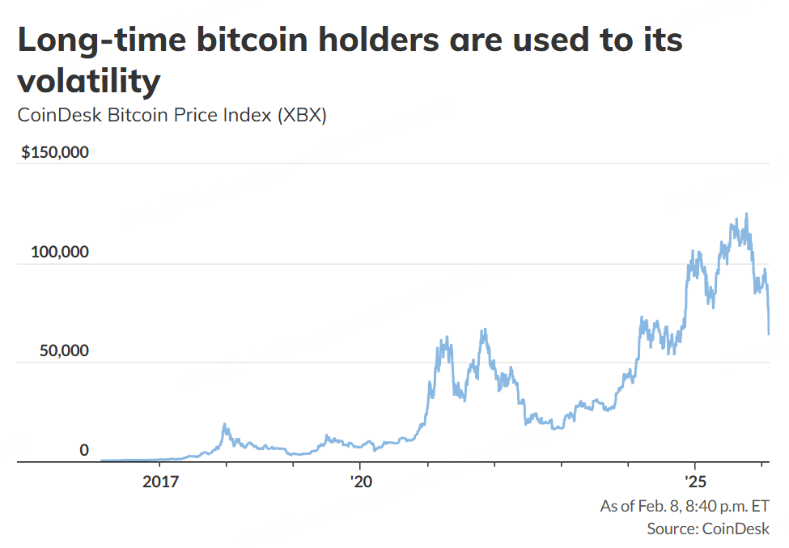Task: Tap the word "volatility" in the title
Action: click(x=88, y=81)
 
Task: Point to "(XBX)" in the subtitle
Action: click(x=301, y=116)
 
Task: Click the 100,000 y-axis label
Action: click(x=60, y=252)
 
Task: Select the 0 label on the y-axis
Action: click(x=83, y=451)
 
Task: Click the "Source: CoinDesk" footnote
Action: click(x=708, y=529)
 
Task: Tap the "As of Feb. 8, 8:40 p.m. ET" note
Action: click(x=684, y=507)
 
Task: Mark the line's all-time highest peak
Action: click(x=746, y=214)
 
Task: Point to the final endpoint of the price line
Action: click(x=769, y=333)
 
